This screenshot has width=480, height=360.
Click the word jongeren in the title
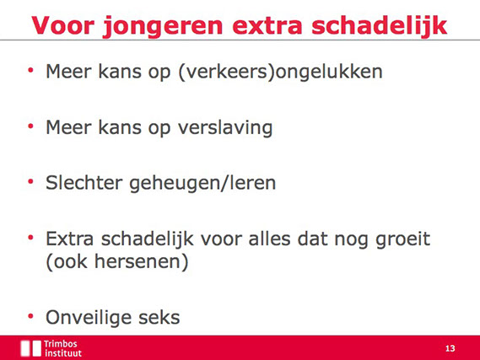[x=163, y=27]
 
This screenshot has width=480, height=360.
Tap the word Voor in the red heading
[x=62, y=25]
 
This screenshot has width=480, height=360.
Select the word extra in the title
[x=267, y=26]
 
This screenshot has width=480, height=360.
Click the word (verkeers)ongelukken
[x=280, y=73]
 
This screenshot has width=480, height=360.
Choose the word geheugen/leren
[x=202, y=184]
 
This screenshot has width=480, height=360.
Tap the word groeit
[x=403, y=239]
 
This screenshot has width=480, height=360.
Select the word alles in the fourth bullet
[x=269, y=239]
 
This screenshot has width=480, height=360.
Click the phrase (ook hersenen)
[x=117, y=262]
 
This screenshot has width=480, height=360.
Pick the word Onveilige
[x=89, y=318]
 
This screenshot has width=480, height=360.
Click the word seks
[x=159, y=318]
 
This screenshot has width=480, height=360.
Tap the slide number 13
[x=450, y=348]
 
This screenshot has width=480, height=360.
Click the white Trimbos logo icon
[x=31, y=348]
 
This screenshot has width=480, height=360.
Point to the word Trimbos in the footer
[x=60, y=344]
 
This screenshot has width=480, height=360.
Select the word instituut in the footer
[x=63, y=353]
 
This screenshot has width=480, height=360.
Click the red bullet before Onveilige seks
[x=30, y=316]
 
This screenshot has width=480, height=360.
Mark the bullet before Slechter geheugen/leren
[x=30, y=181]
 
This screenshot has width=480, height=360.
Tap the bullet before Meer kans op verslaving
[x=30, y=126]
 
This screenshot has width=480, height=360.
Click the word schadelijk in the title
[x=380, y=26]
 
